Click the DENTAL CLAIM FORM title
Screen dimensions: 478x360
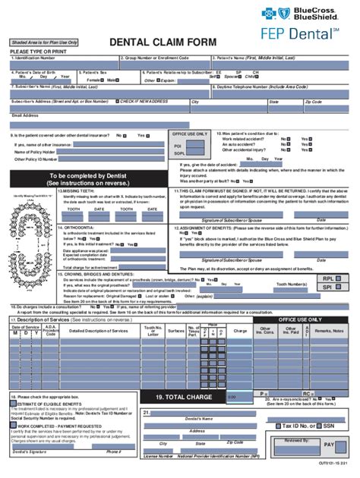(163, 42)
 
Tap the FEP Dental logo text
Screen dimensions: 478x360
(307, 35)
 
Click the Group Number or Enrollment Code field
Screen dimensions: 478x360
(163, 66)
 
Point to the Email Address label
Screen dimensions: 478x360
(24, 115)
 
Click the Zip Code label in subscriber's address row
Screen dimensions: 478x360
(313, 102)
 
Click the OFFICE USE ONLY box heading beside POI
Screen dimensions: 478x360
(190, 134)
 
